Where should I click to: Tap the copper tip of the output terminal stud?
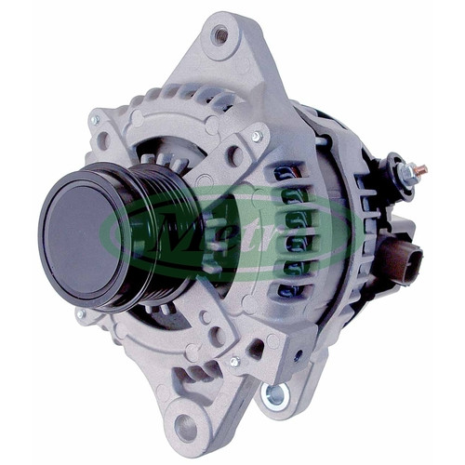point(422,170)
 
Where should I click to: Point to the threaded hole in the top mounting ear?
point(220,33)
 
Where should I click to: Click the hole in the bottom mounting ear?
point(185,426)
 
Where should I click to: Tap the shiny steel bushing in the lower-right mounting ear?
point(275,395)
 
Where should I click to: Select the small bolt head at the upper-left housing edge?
point(95,120)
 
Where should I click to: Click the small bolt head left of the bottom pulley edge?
point(80,313)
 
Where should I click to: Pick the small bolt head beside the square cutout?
point(234,362)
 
